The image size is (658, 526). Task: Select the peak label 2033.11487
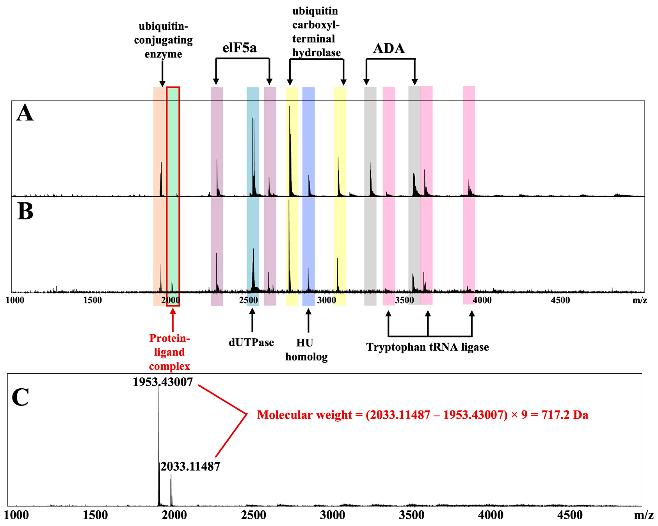tap(190, 467)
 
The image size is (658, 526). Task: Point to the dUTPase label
tap(251, 342)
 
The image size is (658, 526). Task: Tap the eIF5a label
tap(239, 48)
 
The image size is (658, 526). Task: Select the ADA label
tap(389, 48)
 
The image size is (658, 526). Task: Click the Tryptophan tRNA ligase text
tap(427, 347)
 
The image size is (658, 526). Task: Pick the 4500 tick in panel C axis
tap(569, 515)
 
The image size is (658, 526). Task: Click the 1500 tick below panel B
tap(92, 300)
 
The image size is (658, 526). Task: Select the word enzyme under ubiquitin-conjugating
tap(163, 54)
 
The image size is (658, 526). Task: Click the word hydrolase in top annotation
tap(316, 53)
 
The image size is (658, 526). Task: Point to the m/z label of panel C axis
tap(643, 515)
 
